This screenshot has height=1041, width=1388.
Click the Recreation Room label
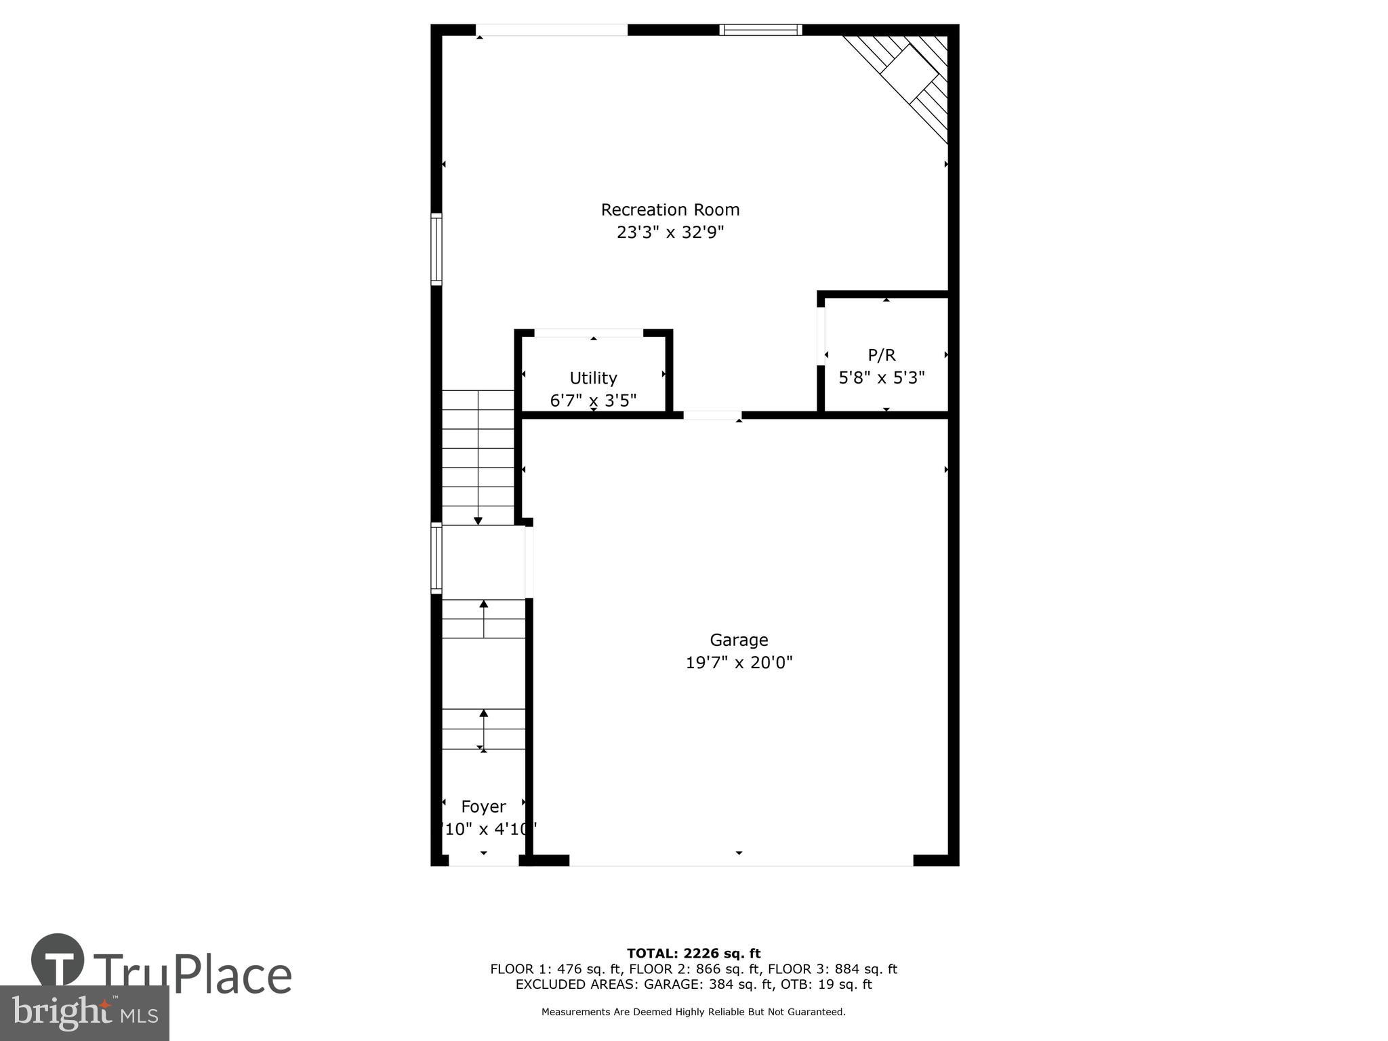click(670, 209)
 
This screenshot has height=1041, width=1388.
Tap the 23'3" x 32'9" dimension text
click(670, 232)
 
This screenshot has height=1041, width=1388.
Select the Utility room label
click(593, 377)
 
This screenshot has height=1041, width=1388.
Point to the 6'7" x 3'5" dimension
click(593, 401)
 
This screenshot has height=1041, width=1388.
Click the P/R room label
click(882, 354)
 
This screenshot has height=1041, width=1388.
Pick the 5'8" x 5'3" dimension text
click(882, 377)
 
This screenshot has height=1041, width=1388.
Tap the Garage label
click(739, 640)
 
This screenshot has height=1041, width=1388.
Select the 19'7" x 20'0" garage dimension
click(739, 662)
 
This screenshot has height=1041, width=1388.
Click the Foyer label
click(483, 807)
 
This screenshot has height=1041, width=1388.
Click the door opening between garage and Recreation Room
click(712, 415)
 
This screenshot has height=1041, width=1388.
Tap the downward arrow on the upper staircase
click(478, 520)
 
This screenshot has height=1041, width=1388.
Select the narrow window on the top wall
click(760, 30)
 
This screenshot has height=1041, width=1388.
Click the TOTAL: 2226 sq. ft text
click(693, 954)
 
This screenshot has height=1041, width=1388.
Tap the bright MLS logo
click(85, 1013)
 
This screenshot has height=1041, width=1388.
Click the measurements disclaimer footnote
click(693, 1012)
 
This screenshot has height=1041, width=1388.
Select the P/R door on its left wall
click(821, 337)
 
